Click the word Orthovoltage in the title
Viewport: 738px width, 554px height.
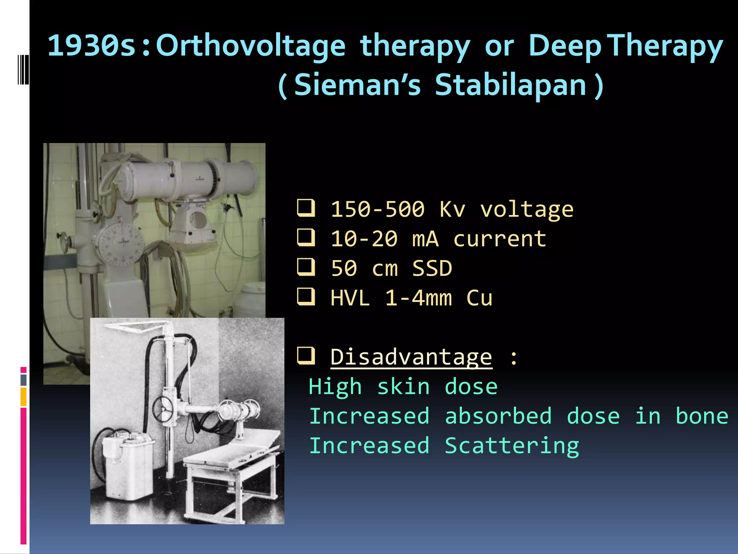(x=251, y=46)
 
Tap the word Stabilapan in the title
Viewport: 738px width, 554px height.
(x=511, y=85)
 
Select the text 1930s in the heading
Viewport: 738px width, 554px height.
(x=92, y=46)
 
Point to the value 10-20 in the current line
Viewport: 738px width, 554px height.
(x=364, y=239)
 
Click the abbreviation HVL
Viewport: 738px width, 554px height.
(x=350, y=298)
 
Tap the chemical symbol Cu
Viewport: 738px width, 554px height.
(x=479, y=298)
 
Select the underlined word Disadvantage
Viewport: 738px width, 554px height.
(x=411, y=357)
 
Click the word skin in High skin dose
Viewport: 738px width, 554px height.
(x=404, y=387)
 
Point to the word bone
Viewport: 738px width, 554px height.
(x=702, y=416)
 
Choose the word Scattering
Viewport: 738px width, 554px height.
(x=512, y=446)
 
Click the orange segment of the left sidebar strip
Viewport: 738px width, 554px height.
(x=23, y=397)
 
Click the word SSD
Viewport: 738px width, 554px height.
(x=432, y=268)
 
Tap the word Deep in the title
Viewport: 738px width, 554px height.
(x=565, y=46)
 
